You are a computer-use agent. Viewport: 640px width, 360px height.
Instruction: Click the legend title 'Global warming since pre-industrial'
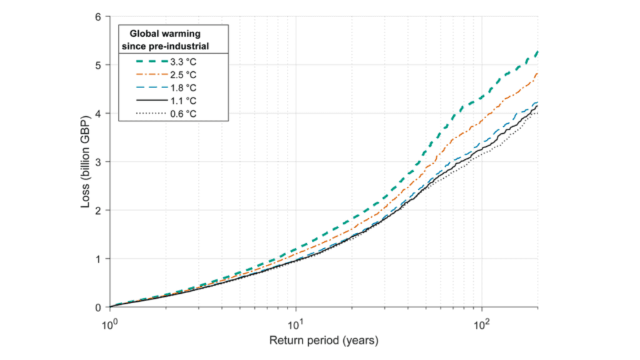(x=174, y=38)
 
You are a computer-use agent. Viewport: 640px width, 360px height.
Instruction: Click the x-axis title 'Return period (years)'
(x=324, y=341)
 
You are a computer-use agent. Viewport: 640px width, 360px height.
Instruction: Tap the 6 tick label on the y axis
(x=98, y=16)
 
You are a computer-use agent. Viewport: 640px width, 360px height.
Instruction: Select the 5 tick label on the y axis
(x=98, y=65)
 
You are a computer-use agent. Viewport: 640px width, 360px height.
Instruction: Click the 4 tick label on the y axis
(x=98, y=113)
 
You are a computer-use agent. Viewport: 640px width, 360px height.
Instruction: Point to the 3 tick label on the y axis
(x=98, y=162)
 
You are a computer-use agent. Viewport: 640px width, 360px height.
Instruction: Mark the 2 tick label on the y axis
(x=98, y=210)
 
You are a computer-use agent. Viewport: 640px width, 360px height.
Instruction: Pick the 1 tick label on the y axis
(x=98, y=259)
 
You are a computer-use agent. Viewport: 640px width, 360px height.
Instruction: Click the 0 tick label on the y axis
(x=98, y=307)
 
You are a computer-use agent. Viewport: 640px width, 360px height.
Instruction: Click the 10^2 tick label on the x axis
(x=481, y=323)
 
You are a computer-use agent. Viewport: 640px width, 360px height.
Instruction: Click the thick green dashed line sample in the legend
(x=152, y=62)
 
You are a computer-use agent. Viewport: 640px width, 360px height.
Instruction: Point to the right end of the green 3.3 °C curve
(x=537, y=52)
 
